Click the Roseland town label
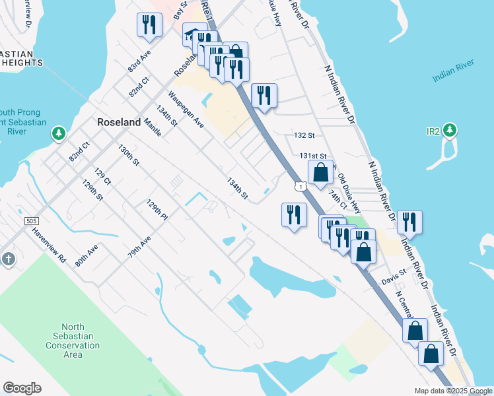tap(119, 122)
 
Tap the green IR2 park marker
tap(450, 131)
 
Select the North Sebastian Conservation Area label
tap(81, 341)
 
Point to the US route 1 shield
tap(301, 187)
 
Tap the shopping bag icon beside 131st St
tap(320, 173)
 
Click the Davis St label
tap(394, 280)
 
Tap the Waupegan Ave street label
tap(186, 110)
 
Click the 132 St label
tap(304, 135)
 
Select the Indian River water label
tap(454, 77)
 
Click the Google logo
tap(22, 388)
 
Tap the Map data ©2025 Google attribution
tap(452, 391)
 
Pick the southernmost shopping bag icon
tap(431, 354)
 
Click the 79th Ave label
tap(139, 248)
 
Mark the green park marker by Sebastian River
tap(59, 134)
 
